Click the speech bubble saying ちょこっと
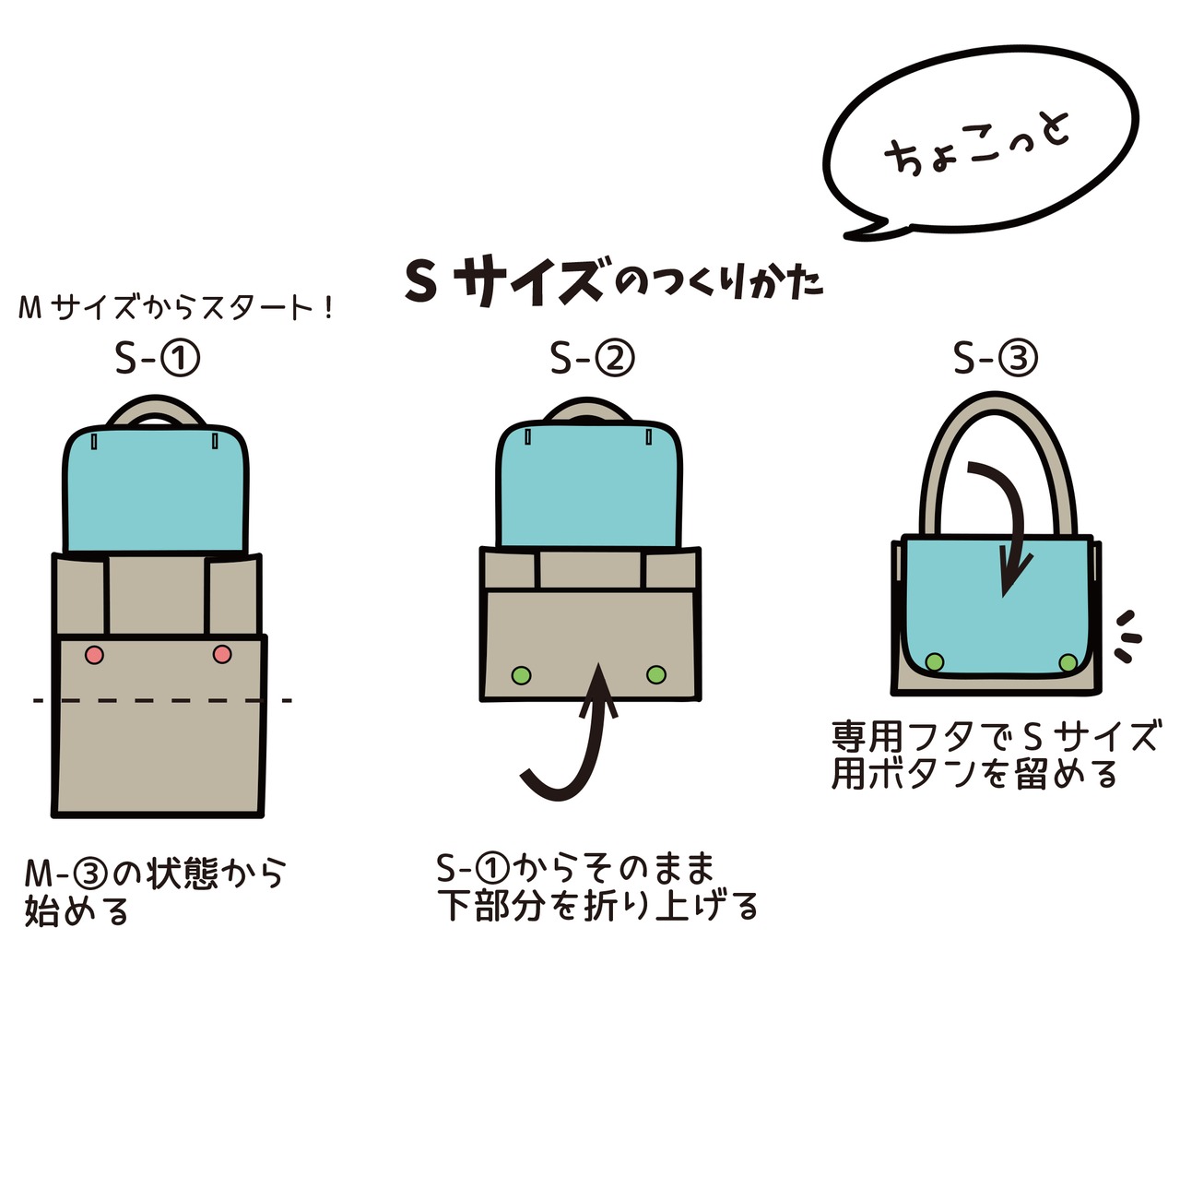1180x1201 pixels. tap(979, 148)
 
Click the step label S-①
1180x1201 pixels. tap(157, 358)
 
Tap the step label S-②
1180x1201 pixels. tap(592, 358)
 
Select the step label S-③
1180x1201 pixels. tap(995, 358)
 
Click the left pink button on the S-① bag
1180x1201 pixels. tap(94, 655)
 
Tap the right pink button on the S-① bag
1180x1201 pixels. tap(221, 654)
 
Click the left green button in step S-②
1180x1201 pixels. tap(521, 675)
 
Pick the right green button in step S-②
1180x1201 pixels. tap(655, 674)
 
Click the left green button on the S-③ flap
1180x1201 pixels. tap(934, 661)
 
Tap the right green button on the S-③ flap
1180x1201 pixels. tap(1068, 662)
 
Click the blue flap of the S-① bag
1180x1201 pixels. tap(157, 489)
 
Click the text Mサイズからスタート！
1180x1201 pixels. tap(175, 308)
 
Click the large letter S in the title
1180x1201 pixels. tap(420, 282)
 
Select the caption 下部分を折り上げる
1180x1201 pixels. tap(597, 906)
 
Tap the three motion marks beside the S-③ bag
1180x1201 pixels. tap(1127, 635)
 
